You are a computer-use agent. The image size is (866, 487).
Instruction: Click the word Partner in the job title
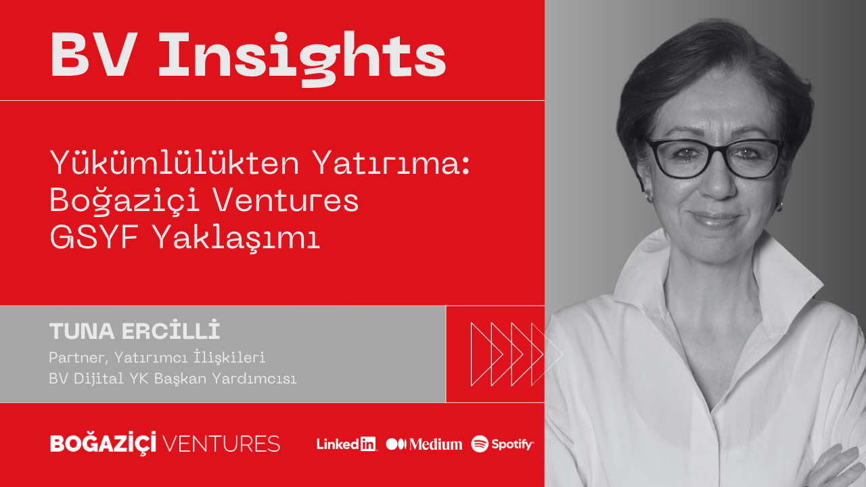pyautogui.click(x=73, y=357)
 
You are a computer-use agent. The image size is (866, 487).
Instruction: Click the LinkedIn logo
pyautogui.click(x=346, y=444)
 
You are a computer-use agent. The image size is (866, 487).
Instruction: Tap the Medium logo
pyautogui.click(x=424, y=444)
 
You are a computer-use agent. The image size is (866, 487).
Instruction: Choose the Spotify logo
pyautogui.click(x=503, y=444)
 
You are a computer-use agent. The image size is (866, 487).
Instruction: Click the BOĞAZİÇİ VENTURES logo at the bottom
pyautogui.click(x=164, y=444)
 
